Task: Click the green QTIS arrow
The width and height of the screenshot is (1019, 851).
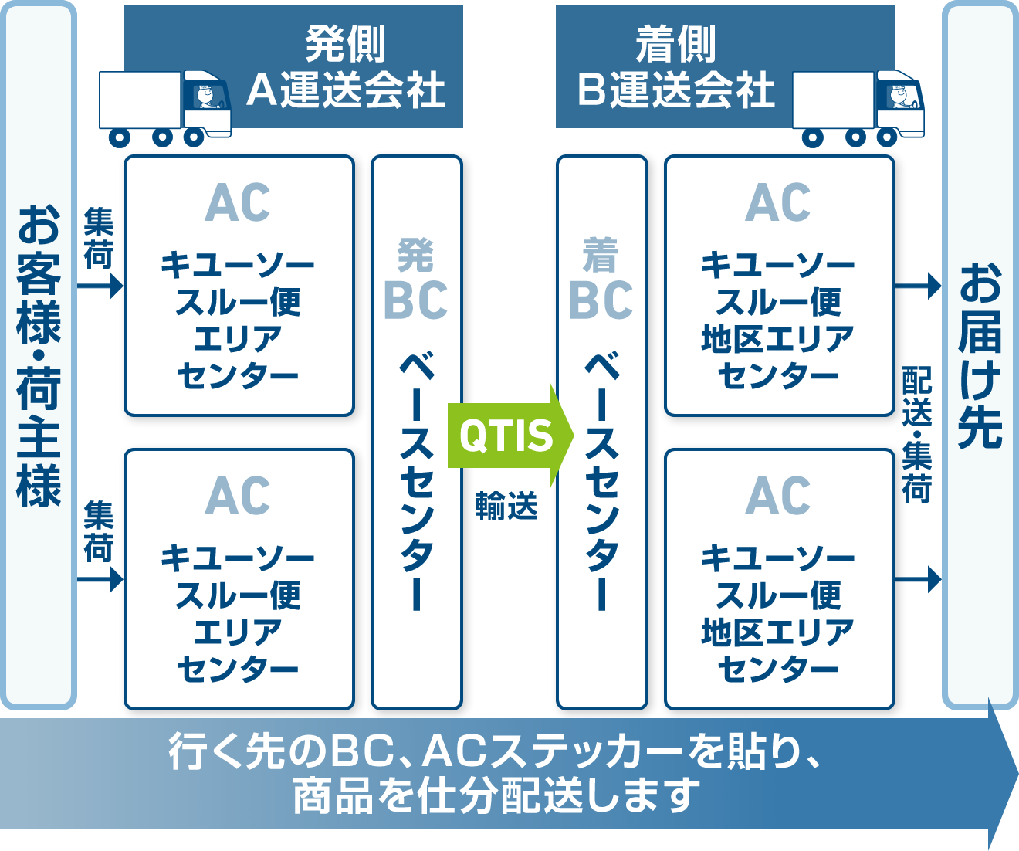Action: pos(510,436)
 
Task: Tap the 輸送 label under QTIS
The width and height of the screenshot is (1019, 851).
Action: pos(506,506)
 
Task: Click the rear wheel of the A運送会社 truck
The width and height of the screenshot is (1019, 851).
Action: pos(120,137)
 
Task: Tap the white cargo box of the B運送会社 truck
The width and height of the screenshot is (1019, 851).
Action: pos(833,100)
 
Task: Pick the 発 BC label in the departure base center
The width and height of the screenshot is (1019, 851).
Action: pos(415,279)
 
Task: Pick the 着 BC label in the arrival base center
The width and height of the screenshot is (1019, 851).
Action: pos(601,279)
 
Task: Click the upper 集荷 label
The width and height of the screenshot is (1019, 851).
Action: pos(99,238)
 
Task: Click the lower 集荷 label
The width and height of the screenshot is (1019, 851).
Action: pos(99,531)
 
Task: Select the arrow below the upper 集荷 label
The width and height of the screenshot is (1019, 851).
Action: pos(100,286)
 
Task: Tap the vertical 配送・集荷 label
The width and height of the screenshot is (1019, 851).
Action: pos(917,434)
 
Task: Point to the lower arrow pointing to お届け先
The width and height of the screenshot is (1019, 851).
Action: pos(918,579)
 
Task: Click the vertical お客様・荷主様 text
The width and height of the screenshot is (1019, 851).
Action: pos(39,355)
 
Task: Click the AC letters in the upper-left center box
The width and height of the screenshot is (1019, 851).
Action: pos(238,202)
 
